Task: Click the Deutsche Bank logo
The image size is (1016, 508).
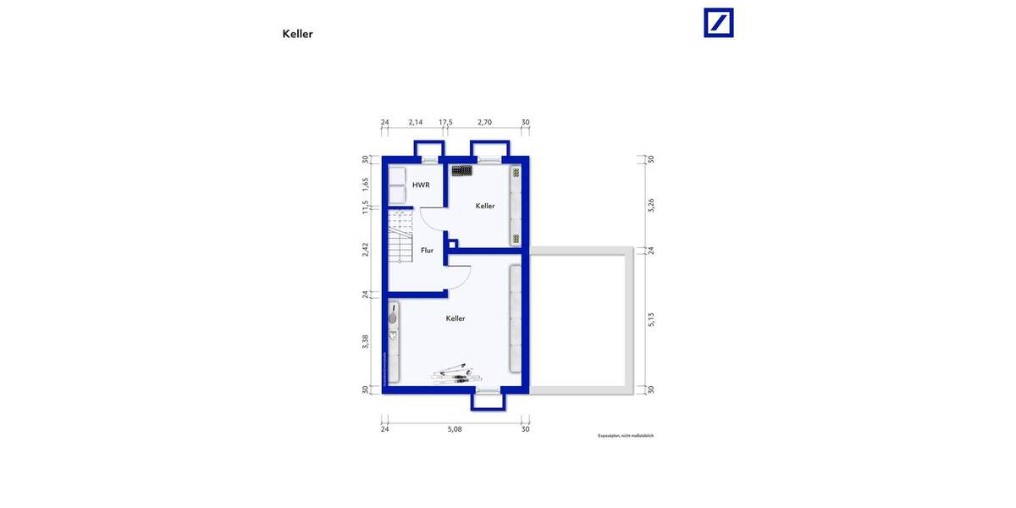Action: coord(719,23)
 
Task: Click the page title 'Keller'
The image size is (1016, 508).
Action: coord(297,35)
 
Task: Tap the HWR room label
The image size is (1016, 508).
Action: coord(421,185)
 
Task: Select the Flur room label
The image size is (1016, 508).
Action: coord(428,251)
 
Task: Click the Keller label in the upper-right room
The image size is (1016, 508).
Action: coord(485,206)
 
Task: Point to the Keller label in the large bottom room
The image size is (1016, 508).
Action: coord(456,318)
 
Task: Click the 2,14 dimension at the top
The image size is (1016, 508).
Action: coord(416,123)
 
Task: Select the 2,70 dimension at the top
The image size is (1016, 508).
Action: coord(485,123)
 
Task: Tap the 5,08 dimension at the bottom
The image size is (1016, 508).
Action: coord(455,429)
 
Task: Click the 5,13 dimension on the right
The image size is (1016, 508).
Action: coord(650,317)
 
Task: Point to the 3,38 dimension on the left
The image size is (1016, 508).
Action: coord(366,341)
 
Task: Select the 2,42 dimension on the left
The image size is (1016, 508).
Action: coord(366,250)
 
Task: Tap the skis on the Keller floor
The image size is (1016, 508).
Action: coord(455,373)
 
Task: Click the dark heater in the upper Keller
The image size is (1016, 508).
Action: coord(462,170)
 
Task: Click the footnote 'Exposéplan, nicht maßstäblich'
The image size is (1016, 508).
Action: coord(626,436)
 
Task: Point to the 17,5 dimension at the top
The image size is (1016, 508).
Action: coord(445,123)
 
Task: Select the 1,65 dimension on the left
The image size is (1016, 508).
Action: coord(366,182)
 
